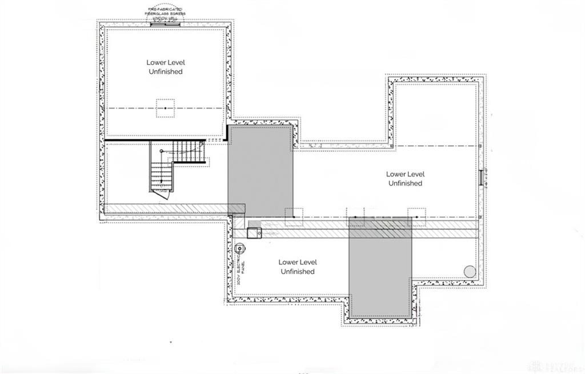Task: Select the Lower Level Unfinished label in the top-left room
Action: point(166,67)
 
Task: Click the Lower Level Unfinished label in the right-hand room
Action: point(405,179)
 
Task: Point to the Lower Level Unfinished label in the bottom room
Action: point(297,267)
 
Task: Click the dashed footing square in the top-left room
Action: point(166,108)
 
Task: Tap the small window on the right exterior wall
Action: point(481,178)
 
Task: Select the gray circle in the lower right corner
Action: point(470,272)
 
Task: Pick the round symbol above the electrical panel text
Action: point(240,248)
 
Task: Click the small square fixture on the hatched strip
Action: point(254,232)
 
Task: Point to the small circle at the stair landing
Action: point(162,151)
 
